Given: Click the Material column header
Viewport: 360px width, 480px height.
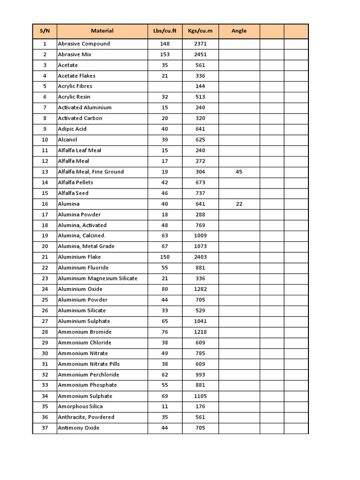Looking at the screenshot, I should point(102,31).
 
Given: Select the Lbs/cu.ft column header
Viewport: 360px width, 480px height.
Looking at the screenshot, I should point(165,31).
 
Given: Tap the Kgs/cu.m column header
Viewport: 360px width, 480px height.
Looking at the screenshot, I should point(200,31).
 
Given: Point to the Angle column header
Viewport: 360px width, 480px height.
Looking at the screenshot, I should point(239,31).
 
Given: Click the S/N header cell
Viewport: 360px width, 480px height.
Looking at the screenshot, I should point(45,31).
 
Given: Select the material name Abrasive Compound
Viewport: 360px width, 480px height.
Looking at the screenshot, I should point(84,44).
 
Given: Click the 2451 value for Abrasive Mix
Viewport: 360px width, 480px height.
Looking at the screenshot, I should point(200,54).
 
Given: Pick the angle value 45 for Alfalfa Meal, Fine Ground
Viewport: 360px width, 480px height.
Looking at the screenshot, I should point(239,172).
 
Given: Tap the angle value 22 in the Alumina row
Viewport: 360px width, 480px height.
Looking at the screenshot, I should point(239,204).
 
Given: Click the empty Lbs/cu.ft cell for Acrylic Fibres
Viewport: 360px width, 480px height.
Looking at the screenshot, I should point(165,86).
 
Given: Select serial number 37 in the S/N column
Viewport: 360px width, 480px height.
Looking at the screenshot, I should point(45,427).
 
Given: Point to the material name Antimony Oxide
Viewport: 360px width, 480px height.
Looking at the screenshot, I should point(78,427).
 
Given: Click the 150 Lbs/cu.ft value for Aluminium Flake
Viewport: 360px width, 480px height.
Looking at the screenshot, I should point(165,257).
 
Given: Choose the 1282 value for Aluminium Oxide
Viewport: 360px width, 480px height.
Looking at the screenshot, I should point(200,289).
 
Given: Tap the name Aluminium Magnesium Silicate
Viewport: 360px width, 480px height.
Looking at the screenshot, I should point(97,278).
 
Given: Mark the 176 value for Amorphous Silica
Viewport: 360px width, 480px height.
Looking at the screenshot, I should point(200,406).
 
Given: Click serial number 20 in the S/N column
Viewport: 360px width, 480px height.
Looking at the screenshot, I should point(45,246).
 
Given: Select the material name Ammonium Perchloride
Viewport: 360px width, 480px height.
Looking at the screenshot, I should point(88,375).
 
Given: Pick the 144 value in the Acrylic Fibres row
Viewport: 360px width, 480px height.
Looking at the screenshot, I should point(200,86).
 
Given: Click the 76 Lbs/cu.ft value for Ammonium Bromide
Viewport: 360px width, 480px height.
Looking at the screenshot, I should point(165,332).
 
